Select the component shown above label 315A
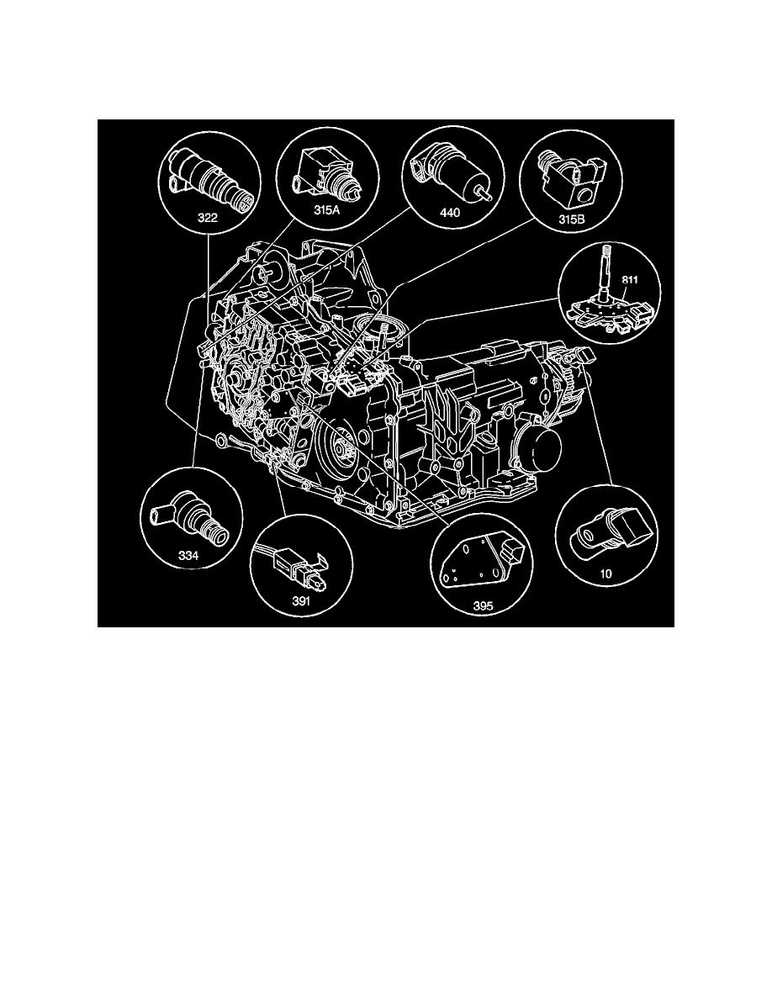(x=326, y=172)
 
